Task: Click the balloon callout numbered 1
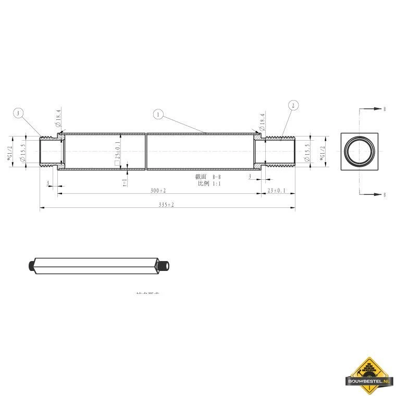[158, 114]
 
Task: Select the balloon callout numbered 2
[293, 106]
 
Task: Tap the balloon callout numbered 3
[19, 114]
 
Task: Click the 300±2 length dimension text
[158, 191]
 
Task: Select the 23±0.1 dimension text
[276, 191]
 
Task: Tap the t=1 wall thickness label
[125, 182]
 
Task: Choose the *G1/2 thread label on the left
[9, 152]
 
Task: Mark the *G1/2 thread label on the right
[322, 152]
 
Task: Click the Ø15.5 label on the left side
[22, 152]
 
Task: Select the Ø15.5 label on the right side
[307, 152]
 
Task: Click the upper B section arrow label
[385, 109]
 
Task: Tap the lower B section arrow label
[385, 194]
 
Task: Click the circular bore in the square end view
[360, 152]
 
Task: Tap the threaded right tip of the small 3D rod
[167, 266]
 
